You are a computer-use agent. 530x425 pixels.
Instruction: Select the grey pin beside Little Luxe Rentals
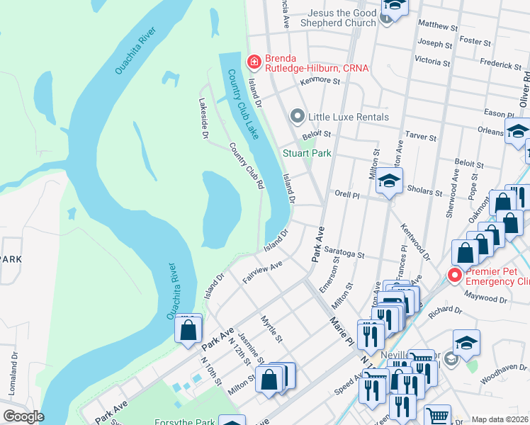tap(298, 116)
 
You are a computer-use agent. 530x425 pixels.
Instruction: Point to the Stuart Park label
tap(307, 153)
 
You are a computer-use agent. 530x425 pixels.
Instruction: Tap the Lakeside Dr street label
tap(204, 117)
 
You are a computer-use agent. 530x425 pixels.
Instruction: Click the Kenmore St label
tap(320, 80)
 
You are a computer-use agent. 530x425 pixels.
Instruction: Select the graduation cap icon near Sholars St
tap(389, 181)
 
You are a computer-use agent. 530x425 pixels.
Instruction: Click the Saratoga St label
tap(344, 254)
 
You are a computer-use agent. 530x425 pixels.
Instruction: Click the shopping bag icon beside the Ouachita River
tap(188, 330)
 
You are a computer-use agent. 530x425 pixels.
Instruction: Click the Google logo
tap(23, 416)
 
